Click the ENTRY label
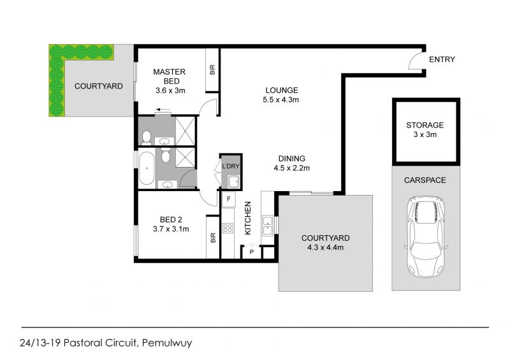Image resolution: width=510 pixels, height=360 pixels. (442, 59)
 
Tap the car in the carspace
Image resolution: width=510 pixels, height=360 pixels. (426, 237)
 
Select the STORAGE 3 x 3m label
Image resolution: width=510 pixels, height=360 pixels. (425, 130)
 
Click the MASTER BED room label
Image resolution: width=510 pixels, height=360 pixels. (169, 76)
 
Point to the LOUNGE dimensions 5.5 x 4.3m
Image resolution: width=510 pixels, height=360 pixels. (280, 100)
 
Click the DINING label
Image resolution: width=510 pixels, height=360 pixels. (292, 159)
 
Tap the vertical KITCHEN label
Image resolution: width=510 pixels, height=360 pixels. (248, 218)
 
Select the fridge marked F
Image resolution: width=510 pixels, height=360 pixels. (229, 199)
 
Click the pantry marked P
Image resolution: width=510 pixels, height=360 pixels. (251, 252)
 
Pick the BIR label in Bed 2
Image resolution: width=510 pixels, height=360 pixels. (213, 238)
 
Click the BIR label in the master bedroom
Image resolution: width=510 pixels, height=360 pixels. (212, 69)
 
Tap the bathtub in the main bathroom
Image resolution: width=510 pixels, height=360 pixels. (147, 168)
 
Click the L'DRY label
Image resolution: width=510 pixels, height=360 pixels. (231, 166)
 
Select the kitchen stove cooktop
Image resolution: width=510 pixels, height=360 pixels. (228, 228)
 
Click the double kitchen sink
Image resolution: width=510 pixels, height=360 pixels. (267, 226)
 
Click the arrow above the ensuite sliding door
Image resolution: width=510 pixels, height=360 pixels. (163, 110)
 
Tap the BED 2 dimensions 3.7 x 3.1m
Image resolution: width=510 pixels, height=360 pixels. (171, 229)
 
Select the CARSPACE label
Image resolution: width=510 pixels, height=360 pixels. (425, 180)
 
